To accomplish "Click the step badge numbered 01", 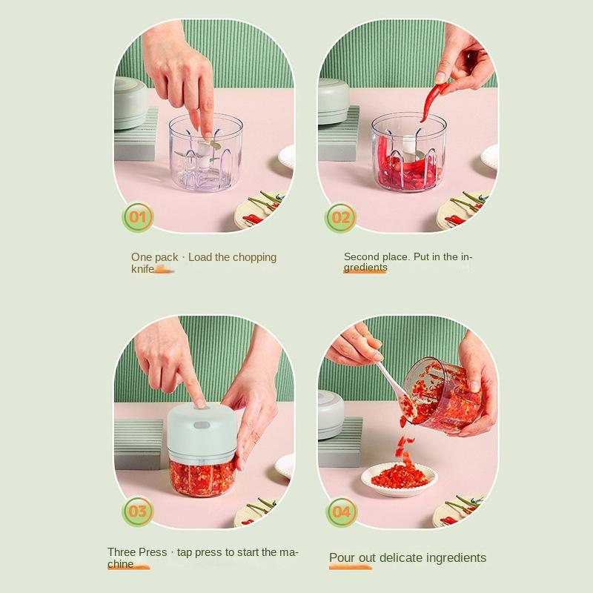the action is point(138,217).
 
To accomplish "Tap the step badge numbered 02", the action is point(340,217).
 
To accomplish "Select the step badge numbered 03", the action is point(138,511).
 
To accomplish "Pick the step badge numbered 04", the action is point(341,512).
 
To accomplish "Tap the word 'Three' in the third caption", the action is point(121,551).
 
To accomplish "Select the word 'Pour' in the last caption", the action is point(342,557).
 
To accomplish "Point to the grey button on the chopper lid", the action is point(202,425).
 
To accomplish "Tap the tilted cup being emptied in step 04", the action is point(442,395).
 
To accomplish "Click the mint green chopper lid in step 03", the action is point(202,431).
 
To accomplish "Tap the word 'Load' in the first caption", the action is point(200,257).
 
